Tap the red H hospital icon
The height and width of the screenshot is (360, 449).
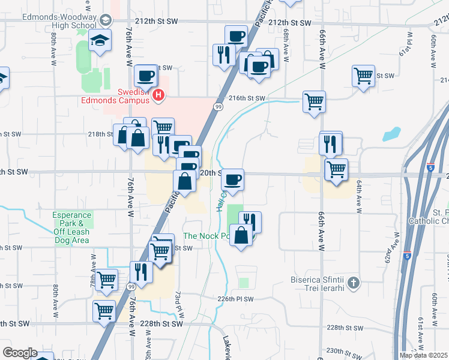coord(158,94)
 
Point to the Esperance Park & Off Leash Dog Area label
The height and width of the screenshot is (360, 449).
coord(71,227)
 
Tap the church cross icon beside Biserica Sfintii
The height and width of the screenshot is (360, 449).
coord(354,282)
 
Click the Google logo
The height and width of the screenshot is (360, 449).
coord(20,353)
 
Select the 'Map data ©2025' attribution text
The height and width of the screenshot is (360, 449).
coord(424,355)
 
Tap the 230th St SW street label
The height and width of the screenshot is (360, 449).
coord(342,350)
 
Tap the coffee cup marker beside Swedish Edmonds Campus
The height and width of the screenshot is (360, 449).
coord(146,76)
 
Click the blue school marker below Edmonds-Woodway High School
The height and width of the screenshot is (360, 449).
coord(97,41)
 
